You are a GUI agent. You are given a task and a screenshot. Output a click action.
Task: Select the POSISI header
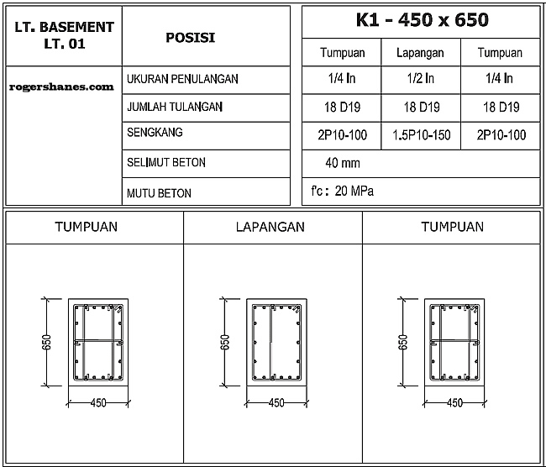coord(190,37)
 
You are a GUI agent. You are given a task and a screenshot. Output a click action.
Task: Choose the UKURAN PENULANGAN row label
coord(182,79)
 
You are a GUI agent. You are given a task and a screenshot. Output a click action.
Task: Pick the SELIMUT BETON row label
coord(165,162)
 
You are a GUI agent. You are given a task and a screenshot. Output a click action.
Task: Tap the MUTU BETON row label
coord(159,193)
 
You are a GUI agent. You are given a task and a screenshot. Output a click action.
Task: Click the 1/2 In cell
coord(420,79)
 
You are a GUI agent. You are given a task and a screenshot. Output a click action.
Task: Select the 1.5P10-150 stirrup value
coord(420,135)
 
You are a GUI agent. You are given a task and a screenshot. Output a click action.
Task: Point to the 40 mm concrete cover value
coord(342,163)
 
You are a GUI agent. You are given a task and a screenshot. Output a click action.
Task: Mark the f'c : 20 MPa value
coord(343,191)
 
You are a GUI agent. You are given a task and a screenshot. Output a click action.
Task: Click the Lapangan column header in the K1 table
coord(420,52)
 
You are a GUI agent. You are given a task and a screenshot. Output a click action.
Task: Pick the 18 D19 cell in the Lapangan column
coord(420,108)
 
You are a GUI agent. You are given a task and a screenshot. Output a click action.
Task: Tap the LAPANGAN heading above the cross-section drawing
coord(270,227)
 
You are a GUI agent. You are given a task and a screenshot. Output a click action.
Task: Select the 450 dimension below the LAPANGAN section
coord(276,402)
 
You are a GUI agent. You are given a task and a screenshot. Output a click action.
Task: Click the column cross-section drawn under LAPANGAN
coord(276,343)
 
